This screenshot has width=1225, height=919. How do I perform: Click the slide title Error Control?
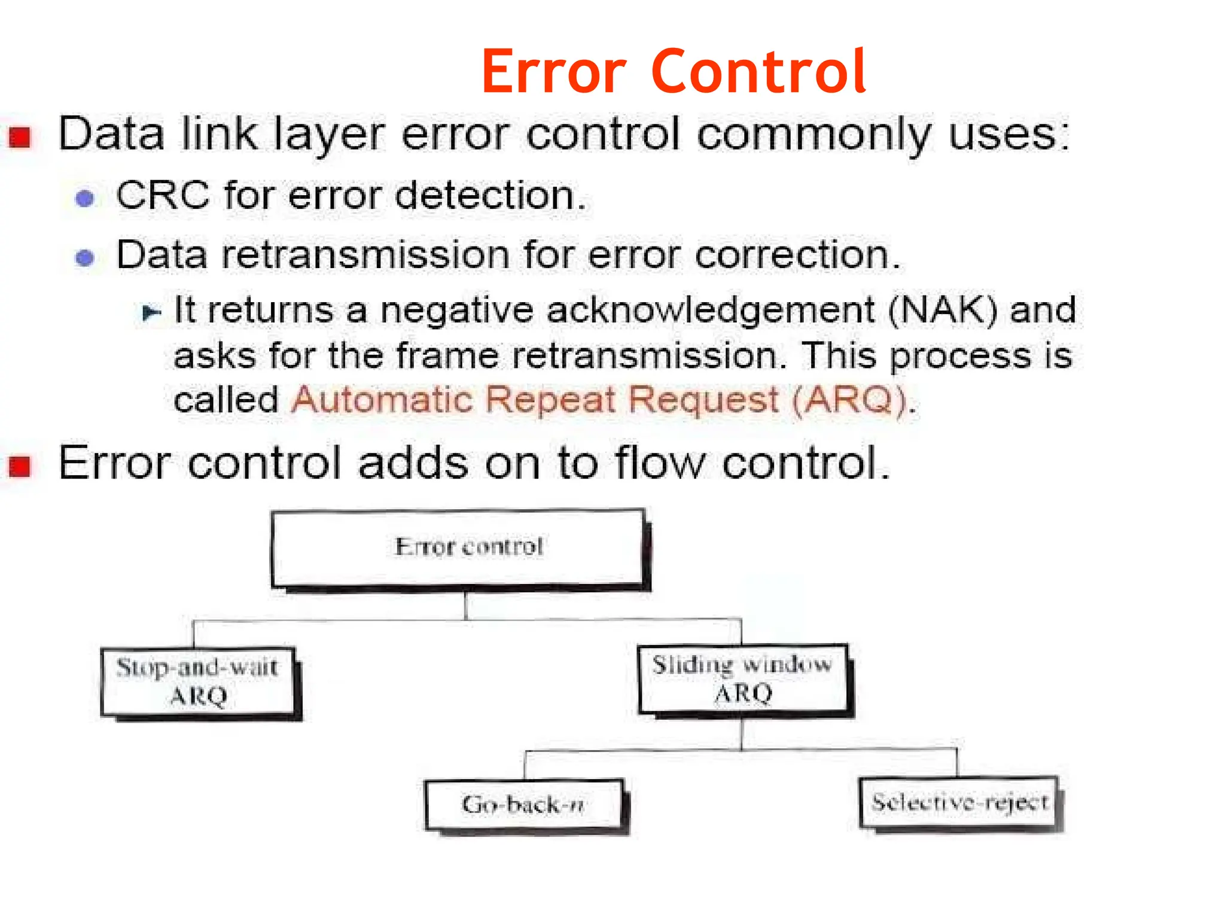674,72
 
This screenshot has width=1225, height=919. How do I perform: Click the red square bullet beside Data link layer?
20,137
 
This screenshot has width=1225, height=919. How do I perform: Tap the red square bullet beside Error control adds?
20,466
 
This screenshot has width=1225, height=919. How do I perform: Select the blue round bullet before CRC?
85,198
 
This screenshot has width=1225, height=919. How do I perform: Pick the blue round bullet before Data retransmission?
85,257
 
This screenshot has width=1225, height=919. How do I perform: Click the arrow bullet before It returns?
151,312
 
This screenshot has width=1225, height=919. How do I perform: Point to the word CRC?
163,195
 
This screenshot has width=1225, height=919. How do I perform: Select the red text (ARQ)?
849,400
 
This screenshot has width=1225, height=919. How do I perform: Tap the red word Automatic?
382,400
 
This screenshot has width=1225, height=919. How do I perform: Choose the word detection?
490,196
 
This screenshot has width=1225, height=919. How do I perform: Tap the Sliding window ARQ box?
743,679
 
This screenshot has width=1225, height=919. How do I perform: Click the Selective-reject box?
958,802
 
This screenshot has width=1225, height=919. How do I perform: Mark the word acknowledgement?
711,310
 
